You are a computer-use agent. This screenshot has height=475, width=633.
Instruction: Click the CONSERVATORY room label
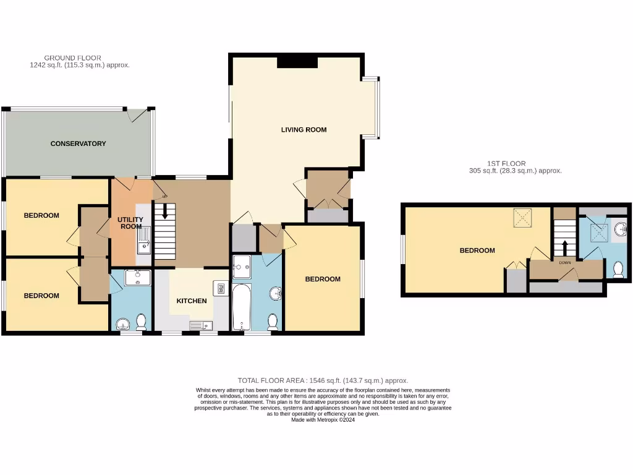pyautogui.click(x=78, y=143)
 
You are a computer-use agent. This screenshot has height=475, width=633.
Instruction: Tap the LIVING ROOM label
pyautogui.click(x=304, y=130)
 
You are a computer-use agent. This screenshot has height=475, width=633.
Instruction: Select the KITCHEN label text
pyautogui.click(x=192, y=301)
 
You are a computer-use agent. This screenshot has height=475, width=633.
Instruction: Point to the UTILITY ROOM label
pyautogui.click(x=130, y=223)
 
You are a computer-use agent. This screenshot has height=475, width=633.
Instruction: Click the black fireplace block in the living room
pyautogui.click(x=297, y=61)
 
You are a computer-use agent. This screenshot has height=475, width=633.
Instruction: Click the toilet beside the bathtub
pyautogui.click(x=272, y=322)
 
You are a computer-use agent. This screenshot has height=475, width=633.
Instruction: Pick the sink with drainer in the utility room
pyautogui.click(x=143, y=239)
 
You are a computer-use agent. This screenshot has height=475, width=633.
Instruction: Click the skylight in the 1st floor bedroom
pyautogui.click(x=523, y=218)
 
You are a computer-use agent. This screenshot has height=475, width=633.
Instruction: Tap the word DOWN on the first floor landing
pyautogui.click(x=565, y=262)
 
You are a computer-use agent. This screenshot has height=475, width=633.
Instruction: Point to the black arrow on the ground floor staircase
pyautogui.click(x=164, y=212)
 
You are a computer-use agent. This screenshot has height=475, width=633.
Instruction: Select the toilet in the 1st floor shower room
pyautogui.click(x=618, y=270)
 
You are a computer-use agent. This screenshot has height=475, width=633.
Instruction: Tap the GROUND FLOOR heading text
pyautogui.click(x=72, y=58)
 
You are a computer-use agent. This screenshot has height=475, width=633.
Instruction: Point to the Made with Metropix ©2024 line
pyautogui.click(x=323, y=419)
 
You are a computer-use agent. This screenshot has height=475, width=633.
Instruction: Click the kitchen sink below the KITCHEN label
pyautogui.click(x=201, y=325)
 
